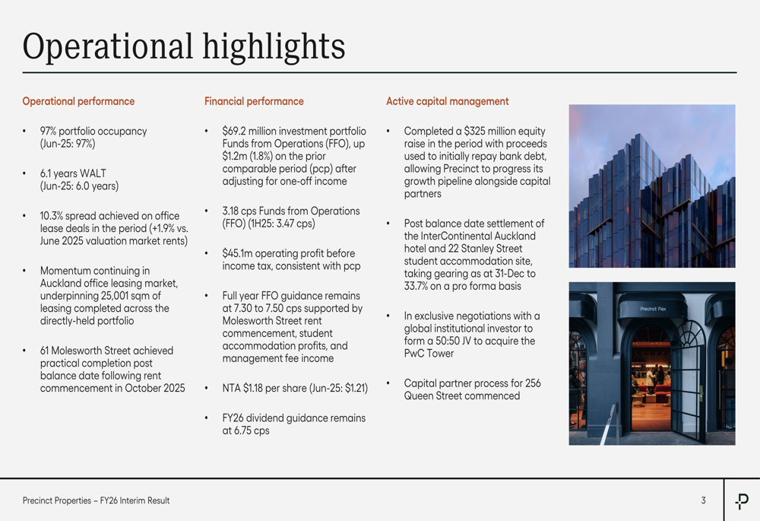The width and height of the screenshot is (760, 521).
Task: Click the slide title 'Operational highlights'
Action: pos(184,46)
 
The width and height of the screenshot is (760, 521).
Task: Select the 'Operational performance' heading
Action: pos(78,101)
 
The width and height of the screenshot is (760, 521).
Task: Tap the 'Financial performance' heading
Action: pos(254,101)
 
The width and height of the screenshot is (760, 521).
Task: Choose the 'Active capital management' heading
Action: pos(448,101)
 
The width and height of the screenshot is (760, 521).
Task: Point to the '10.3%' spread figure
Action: pos(54,216)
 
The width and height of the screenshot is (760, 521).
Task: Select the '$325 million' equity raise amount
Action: pos(496,132)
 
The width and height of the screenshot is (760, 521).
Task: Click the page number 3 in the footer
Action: pos(703,500)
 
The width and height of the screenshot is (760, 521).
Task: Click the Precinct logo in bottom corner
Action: pos(742,500)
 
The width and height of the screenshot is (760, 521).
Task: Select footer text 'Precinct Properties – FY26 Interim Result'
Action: pos(96,500)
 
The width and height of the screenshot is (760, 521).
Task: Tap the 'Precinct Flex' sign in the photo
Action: pos(652,309)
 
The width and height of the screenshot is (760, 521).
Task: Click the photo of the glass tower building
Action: pos(652,186)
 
